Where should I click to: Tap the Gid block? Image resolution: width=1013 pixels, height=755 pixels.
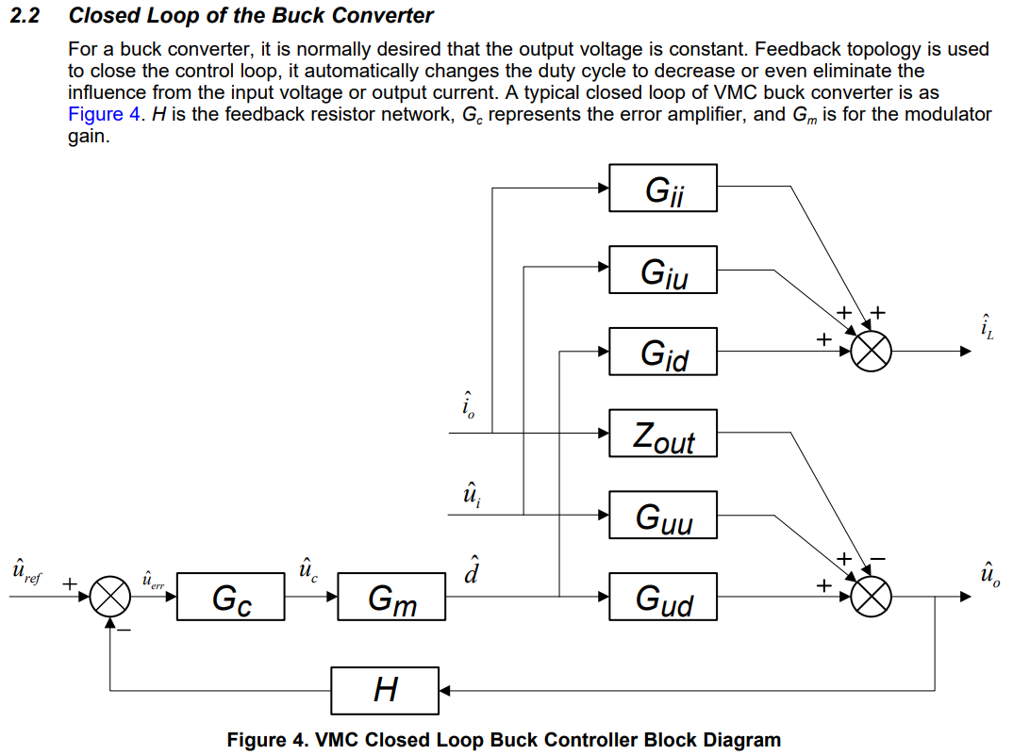(x=663, y=353)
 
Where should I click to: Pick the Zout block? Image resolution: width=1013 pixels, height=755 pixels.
(x=663, y=435)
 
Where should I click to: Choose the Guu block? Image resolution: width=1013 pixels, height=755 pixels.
(x=663, y=516)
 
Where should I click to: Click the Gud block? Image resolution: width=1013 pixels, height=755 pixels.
(x=663, y=598)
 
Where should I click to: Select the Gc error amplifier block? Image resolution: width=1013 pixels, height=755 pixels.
(x=230, y=598)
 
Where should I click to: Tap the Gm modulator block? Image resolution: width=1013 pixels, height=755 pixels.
(x=391, y=598)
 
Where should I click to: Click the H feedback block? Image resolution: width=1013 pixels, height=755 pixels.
(x=385, y=691)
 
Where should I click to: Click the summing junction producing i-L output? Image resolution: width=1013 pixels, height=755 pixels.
(x=871, y=352)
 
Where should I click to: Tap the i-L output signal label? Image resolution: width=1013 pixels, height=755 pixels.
(x=985, y=328)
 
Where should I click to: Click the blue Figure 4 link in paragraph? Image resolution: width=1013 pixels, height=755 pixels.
(x=98, y=115)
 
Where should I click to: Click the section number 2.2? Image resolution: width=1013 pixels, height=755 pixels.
(x=24, y=16)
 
